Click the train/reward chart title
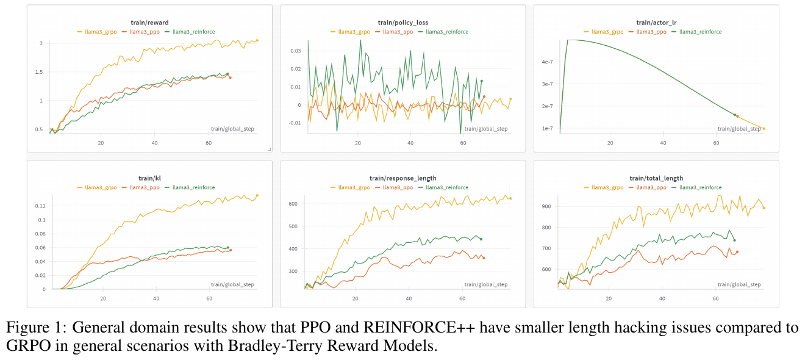149,23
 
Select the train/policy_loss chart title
402,23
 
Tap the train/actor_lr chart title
656,23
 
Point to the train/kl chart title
149,178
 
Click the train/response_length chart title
402,178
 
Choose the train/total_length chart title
656,178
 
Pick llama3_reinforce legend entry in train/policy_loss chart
447,32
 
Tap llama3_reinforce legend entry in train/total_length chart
700,187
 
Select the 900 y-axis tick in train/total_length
546,207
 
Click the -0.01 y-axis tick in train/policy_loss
294,123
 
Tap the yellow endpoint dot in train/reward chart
257,40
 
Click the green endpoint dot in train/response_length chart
481,239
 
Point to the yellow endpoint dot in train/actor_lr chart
764,129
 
